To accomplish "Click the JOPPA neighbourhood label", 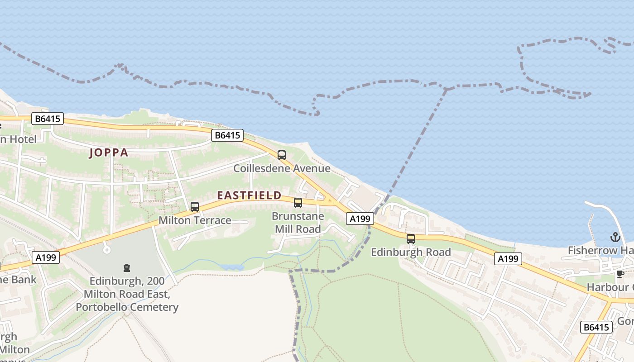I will coord(109,152).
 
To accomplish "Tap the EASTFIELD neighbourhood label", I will coord(249,195).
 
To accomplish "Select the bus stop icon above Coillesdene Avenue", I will coord(282,155).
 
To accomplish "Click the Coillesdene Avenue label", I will coord(282,168).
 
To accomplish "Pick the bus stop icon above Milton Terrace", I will coord(195,207).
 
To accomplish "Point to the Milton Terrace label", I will coord(195,220).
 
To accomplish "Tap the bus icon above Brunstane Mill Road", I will coord(298,203).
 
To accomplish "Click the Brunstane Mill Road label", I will coord(298,223).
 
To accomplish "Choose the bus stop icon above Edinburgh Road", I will coord(411,238).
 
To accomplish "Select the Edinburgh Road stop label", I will coord(411,252).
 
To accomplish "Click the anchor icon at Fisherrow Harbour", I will coord(615,237).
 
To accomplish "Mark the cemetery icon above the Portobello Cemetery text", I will coord(127,268).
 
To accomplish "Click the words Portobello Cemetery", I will coord(127,307).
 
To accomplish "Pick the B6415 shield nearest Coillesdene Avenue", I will coord(227,135).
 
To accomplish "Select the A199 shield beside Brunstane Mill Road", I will coord(360,219).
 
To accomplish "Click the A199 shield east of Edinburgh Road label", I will coord(508,259).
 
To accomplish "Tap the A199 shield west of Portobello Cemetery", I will coord(46,257).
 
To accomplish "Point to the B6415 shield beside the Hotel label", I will coord(48,119).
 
